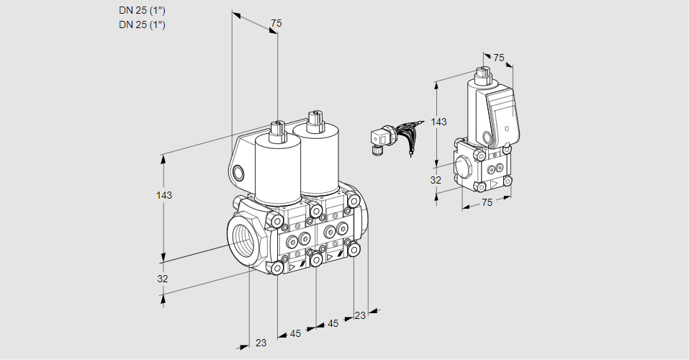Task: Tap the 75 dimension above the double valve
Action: pyautogui.click(x=276, y=24)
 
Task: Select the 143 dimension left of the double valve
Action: pyautogui.click(x=164, y=195)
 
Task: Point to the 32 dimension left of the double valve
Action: pyautogui.click(x=163, y=279)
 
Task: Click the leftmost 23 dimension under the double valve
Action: pyautogui.click(x=261, y=343)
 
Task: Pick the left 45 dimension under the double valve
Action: pyautogui.click(x=295, y=333)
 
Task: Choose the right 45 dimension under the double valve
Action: pyautogui.click(x=333, y=323)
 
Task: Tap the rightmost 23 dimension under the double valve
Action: pyautogui.click(x=360, y=315)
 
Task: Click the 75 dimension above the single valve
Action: pyautogui.click(x=499, y=58)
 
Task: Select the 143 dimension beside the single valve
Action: pyautogui.click(x=438, y=122)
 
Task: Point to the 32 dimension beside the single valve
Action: pyautogui.click(x=436, y=180)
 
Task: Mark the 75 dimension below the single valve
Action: pyautogui.click(x=487, y=203)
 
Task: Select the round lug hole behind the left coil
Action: pyautogui.click(x=239, y=172)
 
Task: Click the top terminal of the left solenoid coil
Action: pyautogui.click(x=276, y=130)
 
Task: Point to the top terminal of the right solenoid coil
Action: pyautogui.click(x=313, y=119)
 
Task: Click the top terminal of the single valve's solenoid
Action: pyautogui.click(x=482, y=74)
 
